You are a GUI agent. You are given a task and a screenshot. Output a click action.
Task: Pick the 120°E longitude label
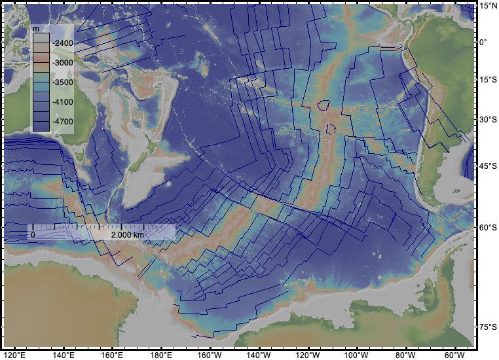tap(14, 355)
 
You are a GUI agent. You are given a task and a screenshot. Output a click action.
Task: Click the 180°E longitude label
tap(161, 355)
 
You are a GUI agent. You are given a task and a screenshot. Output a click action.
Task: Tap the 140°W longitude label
tap(259, 355)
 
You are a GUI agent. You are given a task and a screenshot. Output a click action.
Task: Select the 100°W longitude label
tap(357, 355)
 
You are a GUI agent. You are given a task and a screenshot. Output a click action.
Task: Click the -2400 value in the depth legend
tap(64, 43)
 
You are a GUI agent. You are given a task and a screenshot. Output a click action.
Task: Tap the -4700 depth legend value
tap(64, 122)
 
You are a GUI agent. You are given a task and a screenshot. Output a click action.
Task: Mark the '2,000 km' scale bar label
tap(127, 234)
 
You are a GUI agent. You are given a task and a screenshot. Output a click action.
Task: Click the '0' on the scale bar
tap(33, 234)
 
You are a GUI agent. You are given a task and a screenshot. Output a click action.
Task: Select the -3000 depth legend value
tap(64, 63)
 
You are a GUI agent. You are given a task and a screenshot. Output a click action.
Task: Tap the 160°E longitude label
tap(112, 355)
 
